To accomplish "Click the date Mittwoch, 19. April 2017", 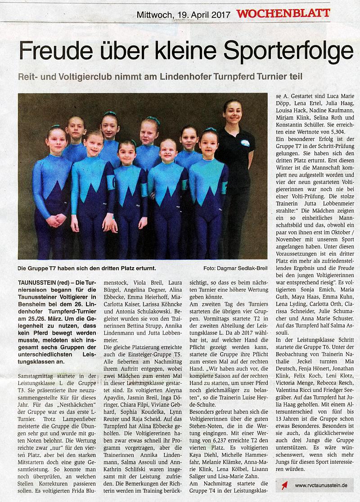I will click(183, 15).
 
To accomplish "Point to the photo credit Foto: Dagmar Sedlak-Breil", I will click(234, 269).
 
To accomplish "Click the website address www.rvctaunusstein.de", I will click(321, 485).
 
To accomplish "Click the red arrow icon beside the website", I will click(284, 485).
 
